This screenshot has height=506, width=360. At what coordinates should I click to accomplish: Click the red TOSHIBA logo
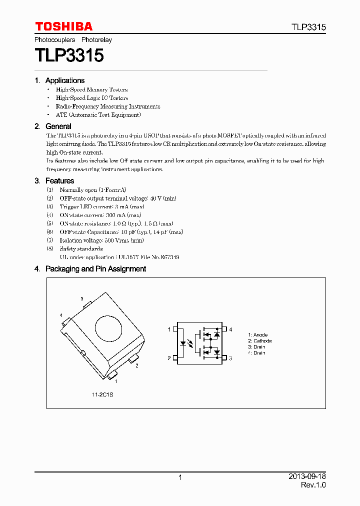point(63,26)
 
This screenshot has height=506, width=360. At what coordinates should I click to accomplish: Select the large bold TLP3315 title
point(69,55)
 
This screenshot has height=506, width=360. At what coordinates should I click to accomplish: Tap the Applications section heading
point(64,80)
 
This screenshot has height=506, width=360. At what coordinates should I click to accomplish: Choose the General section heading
point(58,126)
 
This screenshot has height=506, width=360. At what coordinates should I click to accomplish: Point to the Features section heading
point(59,181)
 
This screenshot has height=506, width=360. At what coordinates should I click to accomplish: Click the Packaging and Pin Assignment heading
point(95,269)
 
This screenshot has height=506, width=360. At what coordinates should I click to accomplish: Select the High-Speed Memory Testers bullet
point(91,89)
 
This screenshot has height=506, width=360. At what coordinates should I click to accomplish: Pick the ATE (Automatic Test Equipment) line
point(98,115)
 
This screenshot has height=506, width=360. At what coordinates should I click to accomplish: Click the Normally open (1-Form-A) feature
point(93,190)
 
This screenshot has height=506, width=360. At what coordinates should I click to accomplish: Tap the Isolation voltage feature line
point(101,240)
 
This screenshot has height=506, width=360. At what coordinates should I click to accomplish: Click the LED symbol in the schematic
point(184,343)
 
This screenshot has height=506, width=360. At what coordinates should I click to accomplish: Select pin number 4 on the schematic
point(230,329)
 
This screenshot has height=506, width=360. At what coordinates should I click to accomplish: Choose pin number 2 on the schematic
point(169,358)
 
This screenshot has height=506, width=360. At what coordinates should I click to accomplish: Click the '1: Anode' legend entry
point(258,335)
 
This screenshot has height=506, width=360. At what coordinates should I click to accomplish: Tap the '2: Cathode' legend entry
point(260,341)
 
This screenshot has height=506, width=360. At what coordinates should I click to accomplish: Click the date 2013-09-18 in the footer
point(307,476)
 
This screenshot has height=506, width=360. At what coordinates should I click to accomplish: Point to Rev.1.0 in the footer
point(313,485)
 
